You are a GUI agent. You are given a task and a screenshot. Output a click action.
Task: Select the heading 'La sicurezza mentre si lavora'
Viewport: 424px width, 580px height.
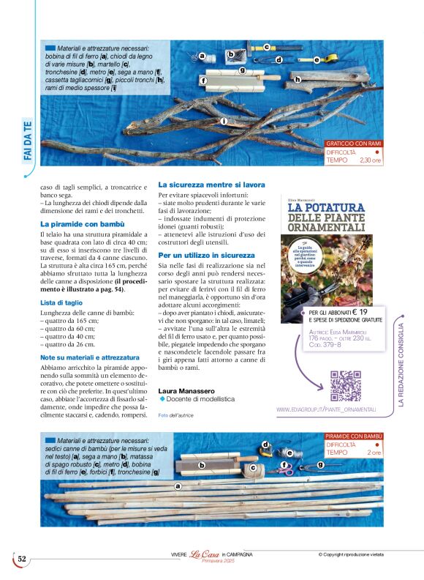click(211, 185)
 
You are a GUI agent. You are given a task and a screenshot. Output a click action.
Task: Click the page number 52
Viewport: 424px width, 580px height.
click(22, 559)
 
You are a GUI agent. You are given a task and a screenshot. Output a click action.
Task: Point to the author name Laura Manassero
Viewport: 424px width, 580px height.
click(186, 391)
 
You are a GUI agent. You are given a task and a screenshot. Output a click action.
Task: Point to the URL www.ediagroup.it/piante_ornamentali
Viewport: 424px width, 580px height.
click(326, 409)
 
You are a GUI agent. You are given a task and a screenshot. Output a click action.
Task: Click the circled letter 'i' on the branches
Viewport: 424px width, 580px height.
click(224, 121)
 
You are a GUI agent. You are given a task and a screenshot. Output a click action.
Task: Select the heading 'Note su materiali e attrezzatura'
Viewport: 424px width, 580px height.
click(90, 357)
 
